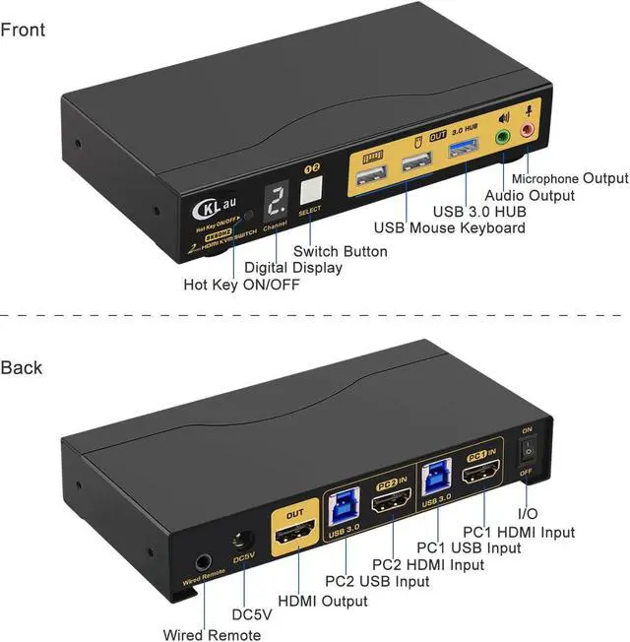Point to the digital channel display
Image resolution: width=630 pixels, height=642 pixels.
278,203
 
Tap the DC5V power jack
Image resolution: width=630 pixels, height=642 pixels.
242,543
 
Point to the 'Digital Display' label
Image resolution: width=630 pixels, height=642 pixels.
293,268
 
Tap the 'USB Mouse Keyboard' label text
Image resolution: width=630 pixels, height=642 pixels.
455,228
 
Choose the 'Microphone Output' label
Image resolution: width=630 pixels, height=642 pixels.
569,178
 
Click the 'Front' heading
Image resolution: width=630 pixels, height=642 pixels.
23,30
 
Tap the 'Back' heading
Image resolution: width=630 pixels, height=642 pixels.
22,367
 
